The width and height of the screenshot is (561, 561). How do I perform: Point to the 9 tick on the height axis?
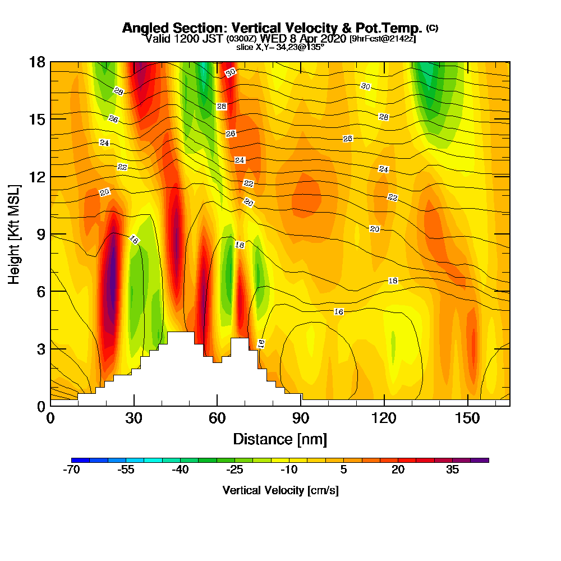(x=50, y=234)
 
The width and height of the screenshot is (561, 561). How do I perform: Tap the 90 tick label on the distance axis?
(x=301, y=419)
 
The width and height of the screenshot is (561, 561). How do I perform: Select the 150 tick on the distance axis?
(x=467, y=405)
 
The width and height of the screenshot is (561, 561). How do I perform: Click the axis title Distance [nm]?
(x=280, y=439)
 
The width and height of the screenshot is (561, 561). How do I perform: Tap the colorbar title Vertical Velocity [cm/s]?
(x=280, y=490)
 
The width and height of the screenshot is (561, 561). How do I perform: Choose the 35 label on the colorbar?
(x=452, y=470)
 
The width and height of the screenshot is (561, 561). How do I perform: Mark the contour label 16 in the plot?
(x=338, y=311)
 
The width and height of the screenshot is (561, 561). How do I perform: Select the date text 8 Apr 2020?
(x=318, y=39)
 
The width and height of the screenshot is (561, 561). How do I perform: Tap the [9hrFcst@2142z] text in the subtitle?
(x=382, y=39)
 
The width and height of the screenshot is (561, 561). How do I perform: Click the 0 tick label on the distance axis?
(x=50, y=419)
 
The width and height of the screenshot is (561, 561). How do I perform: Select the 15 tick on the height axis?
(x=50, y=119)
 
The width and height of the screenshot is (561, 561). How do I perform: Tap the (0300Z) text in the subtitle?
(x=241, y=39)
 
